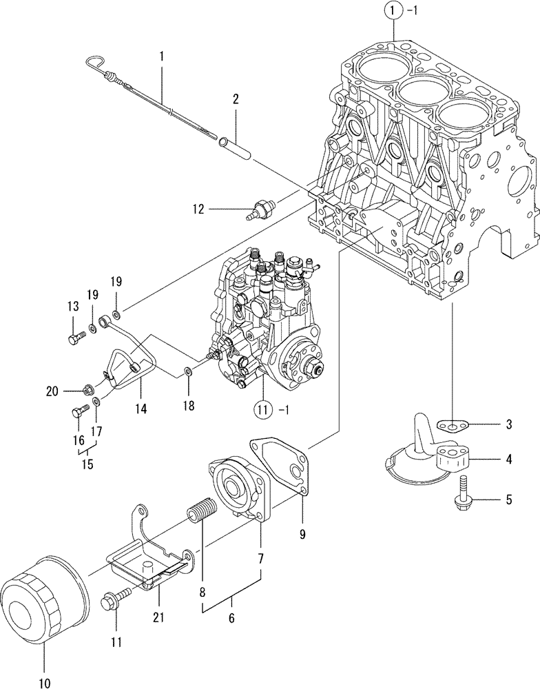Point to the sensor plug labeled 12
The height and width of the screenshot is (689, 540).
pyautogui.click(x=262, y=207)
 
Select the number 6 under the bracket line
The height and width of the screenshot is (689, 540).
pyautogui.click(x=231, y=619)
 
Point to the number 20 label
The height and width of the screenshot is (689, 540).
pyautogui.click(x=51, y=391)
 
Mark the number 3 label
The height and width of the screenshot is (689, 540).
pyautogui.click(x=508, y=424)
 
